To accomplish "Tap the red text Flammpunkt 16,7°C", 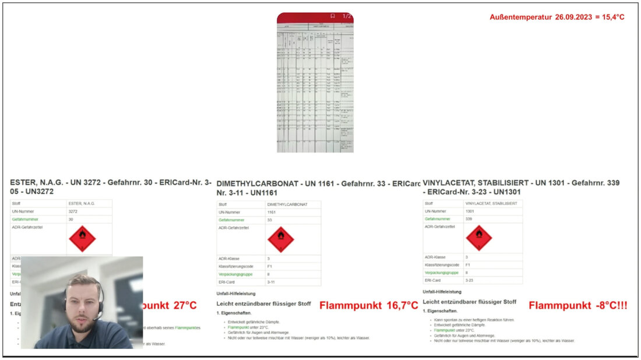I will (369, 305).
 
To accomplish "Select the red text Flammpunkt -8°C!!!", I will (577, 305).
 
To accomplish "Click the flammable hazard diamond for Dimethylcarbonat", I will (280, 239).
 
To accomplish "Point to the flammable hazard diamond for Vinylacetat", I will (479, 238).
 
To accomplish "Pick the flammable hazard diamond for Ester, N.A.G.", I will (82, 238).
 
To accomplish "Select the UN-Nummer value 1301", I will (470, 211).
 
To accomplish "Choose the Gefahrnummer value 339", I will (470, 218).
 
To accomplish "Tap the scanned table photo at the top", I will (315, 87).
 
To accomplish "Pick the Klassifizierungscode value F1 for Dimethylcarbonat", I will (270, 266).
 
